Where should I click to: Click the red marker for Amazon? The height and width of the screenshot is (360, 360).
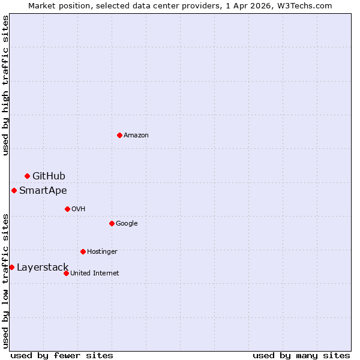[x=119, y=135]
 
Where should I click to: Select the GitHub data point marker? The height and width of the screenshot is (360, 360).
[x=27, y=176]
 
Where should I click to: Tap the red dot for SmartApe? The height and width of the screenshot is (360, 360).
[x=14, y=190]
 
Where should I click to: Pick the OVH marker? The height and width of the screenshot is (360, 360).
[x=67, y=209]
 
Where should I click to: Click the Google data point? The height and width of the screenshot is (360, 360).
[x=112, y=223]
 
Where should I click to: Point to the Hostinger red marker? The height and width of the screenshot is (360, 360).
[x=83, y=251]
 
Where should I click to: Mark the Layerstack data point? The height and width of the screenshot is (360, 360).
[x=11, y=267]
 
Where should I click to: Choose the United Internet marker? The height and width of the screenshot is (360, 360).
[x=66, y=273]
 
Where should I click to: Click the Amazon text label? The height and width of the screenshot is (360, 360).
[x=136, y=135]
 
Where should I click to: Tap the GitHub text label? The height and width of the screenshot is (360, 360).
[x=49, y=176]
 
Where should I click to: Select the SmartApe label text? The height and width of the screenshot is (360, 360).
[x=43, y=191]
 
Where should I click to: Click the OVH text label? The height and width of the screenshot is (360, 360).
[x=78, y=209]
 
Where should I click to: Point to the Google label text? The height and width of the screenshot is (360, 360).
[x=127, y=223]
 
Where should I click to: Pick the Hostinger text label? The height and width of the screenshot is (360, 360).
[x=102, y=251]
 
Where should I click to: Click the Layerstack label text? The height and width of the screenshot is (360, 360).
[x=43, y=268]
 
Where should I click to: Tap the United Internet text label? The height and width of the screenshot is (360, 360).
[x=95, y=273]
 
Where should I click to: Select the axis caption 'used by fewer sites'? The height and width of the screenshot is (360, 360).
[x=62, y=355]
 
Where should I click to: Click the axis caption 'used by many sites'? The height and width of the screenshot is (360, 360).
[x=301, y=355]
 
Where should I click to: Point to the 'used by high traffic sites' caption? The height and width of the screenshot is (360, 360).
[x=5, y=85]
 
